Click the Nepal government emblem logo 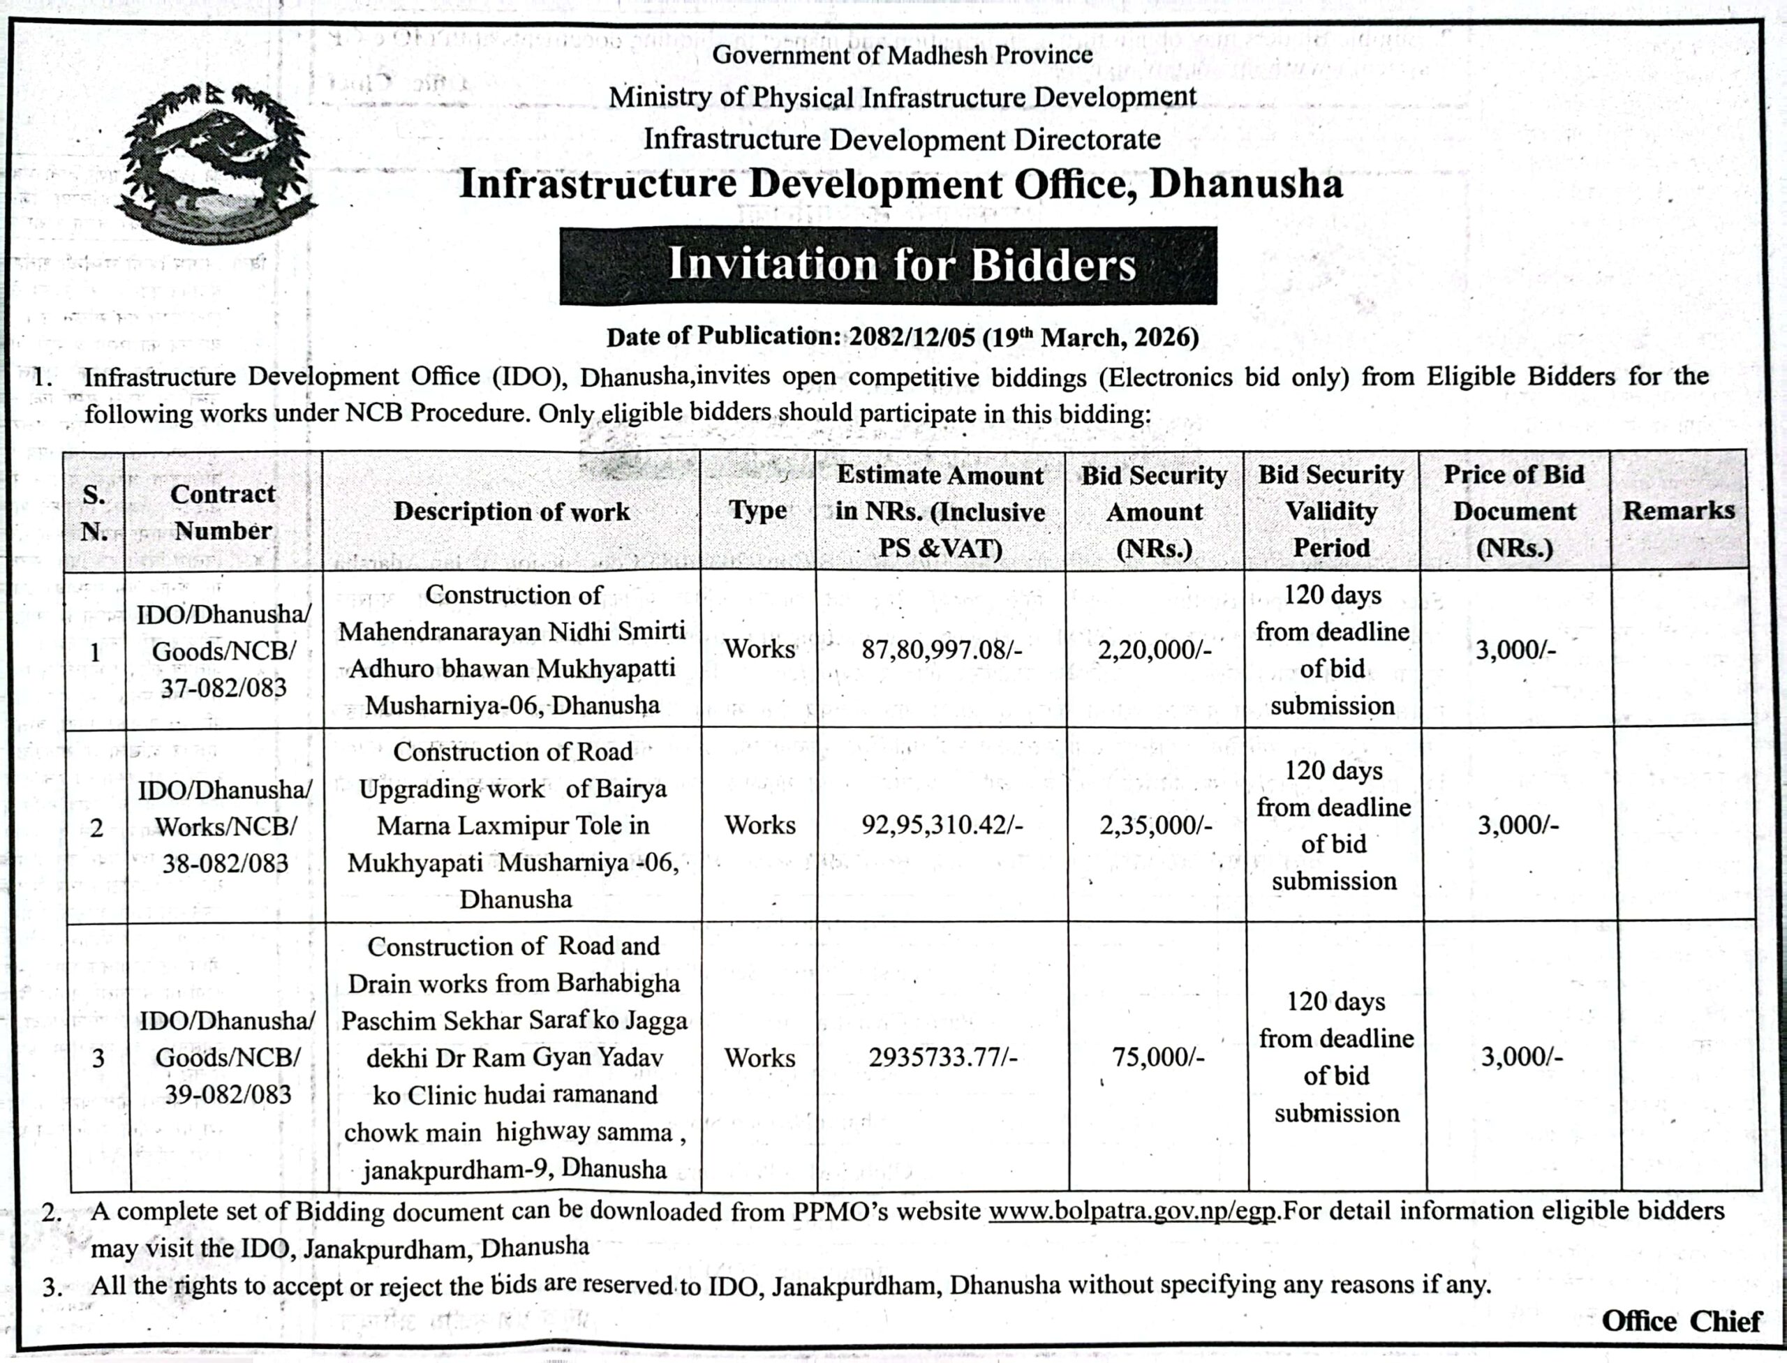tap(215, 162)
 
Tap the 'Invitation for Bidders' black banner tap(888, 265)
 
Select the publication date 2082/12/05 tap(910, 336)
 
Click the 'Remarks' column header tap(1678, 510)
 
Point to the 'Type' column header tap(757, 510)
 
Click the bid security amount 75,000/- tap(1158, 1058)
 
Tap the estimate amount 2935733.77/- tap(942, 1058)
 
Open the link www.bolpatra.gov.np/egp tap(1133, 1212)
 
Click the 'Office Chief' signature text tap(1681, 1322)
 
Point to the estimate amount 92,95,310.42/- tap(942, 826)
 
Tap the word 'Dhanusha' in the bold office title tap(1246, 184)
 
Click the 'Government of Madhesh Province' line tap(902, 55)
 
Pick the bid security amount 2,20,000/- tap(1154, 650)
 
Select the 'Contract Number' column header tap(223, 512)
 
